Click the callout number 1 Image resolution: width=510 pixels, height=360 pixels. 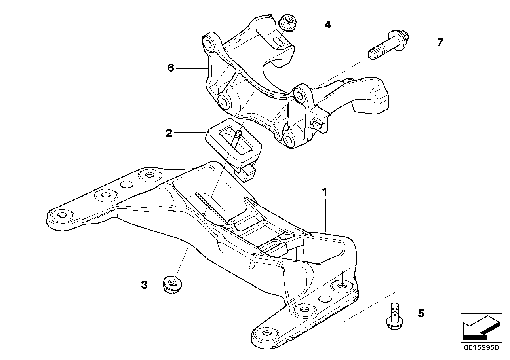click(325, 193)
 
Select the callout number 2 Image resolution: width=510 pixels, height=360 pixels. click(169, 133)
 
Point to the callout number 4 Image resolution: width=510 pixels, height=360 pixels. click(327, 25)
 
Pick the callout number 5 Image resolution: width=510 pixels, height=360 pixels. click(421, 314)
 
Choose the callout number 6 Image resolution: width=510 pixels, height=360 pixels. click(171, 68)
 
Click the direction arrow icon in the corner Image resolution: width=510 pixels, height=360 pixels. click(480, 327)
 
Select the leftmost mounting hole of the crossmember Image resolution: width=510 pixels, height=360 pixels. click(62, 215)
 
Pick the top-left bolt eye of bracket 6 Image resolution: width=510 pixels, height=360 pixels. click(208, 42)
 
